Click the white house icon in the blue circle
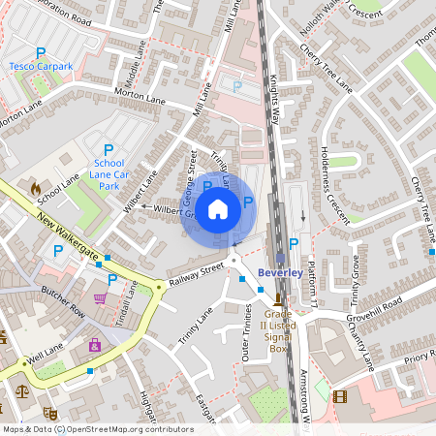[218, 207]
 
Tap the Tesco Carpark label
[41, 66]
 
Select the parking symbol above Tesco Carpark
[40, 52]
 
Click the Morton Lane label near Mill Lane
[141, 96]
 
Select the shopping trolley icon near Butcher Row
[100, 298]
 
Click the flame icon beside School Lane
[36, 187]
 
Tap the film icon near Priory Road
[339, 395]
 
